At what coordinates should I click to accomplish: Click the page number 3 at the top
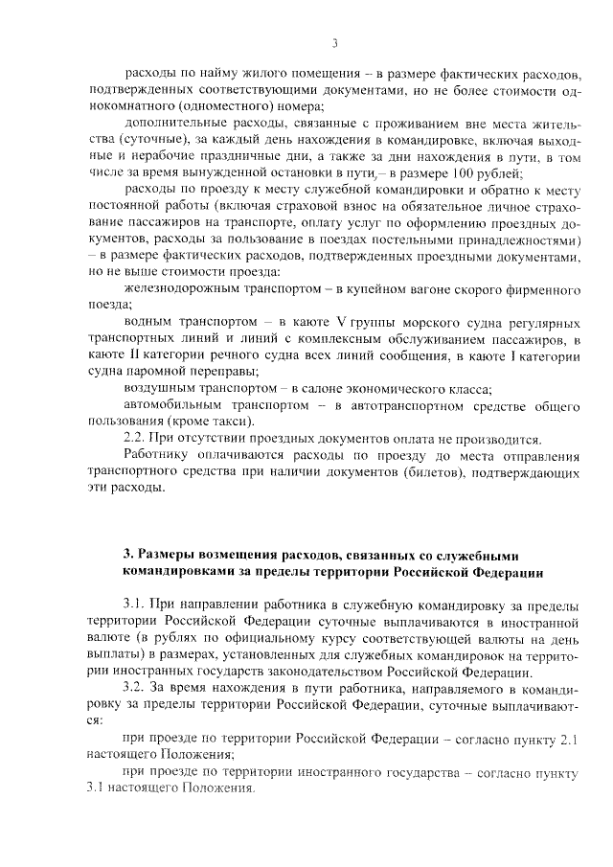335,42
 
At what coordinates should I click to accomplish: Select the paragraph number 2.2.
140,439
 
